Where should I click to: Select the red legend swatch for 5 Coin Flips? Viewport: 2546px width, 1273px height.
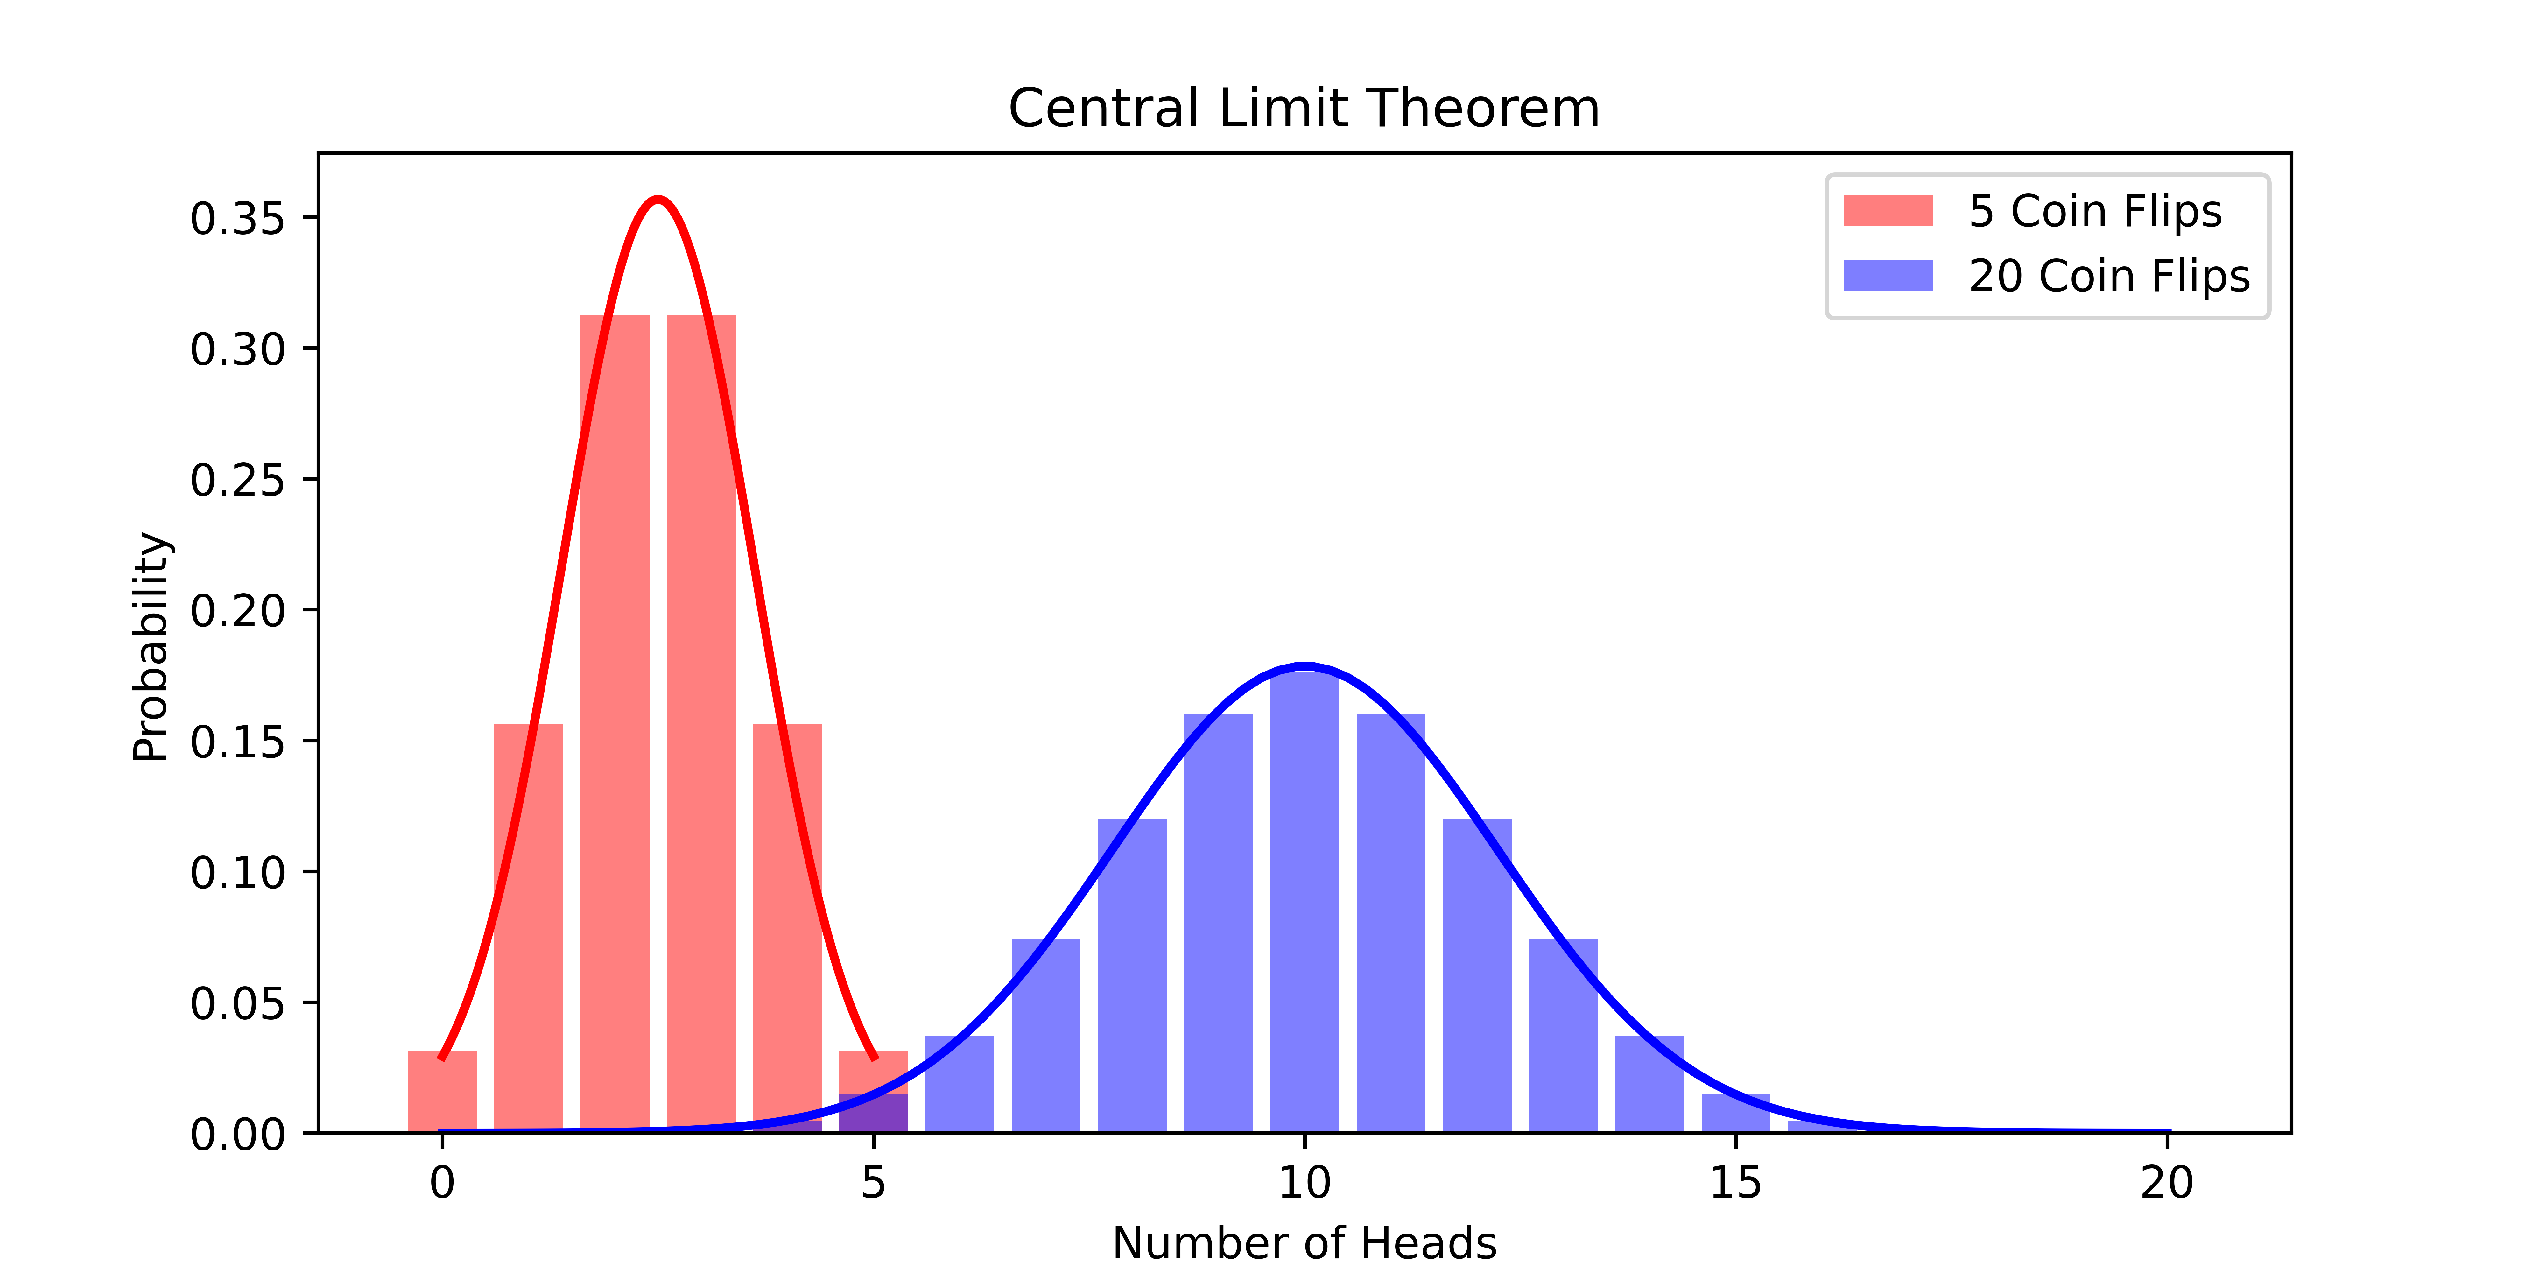click(1888, 210)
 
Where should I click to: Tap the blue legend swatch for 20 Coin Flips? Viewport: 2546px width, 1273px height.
click(1888, 276)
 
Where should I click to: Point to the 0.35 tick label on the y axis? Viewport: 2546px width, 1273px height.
click(237, 218)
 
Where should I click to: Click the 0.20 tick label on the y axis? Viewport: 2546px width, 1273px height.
click(237, 611)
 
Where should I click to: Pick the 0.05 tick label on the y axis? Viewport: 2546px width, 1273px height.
click(237, 1003)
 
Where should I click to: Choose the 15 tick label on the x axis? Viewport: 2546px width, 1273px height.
click(1735, 1182)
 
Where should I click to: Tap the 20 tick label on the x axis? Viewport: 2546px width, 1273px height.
click(2166, 1182)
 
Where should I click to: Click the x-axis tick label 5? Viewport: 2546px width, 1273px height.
click(873, 1182)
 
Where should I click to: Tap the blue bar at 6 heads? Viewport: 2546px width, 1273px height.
click(959, 1084)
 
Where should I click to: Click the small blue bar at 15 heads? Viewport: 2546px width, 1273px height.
click(1735, 1113)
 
